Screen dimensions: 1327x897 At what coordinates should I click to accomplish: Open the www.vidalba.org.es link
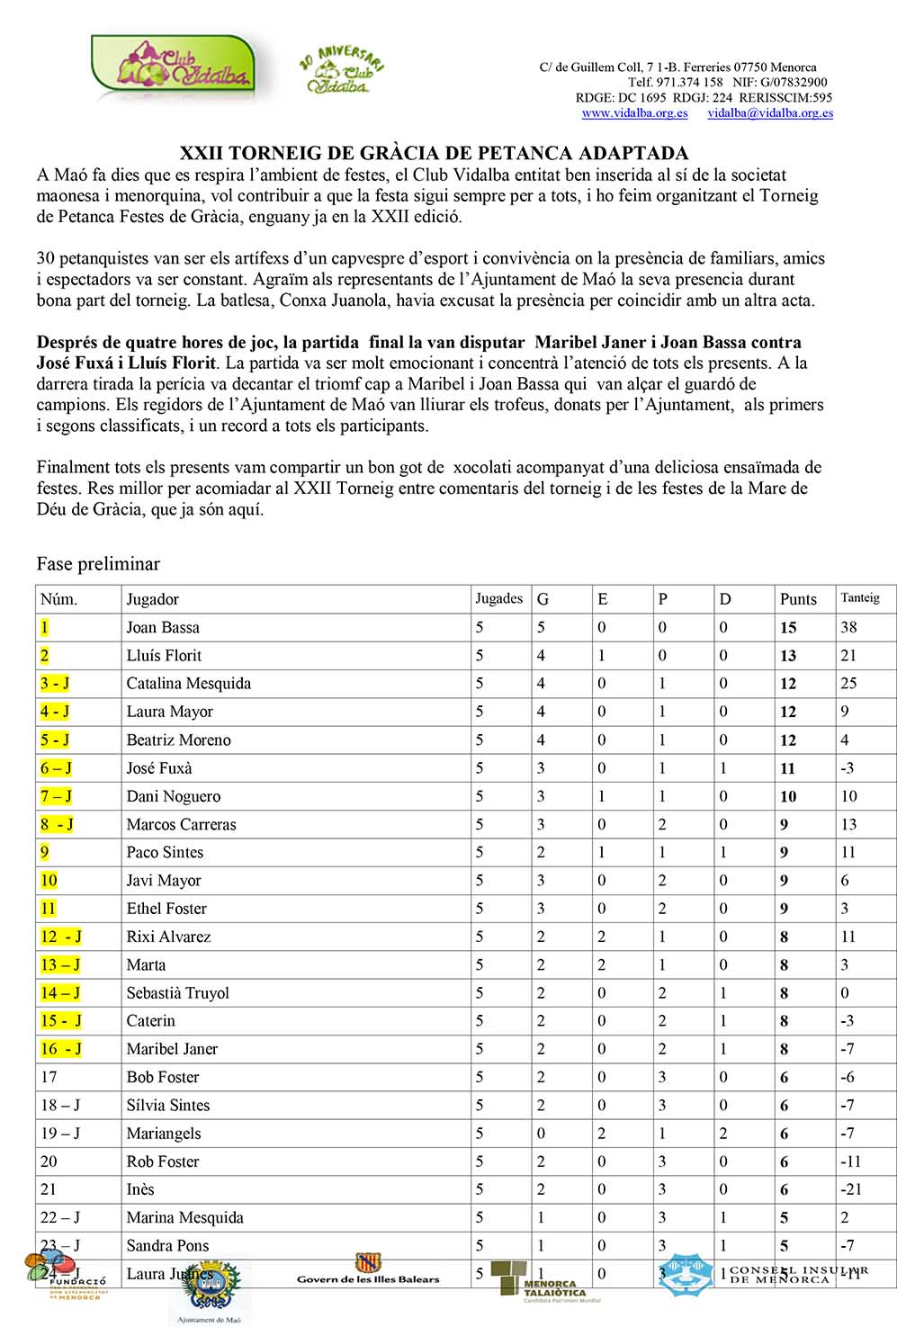[x=634, y=113]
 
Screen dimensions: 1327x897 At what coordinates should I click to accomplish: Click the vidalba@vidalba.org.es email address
[x=770, y=113]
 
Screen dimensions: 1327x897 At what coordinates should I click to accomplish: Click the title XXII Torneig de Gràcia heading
[x=434, y=153]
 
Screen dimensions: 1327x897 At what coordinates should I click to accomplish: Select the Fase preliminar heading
[x=98, y=564]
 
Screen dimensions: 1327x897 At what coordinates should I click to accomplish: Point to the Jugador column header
[x=153, y=599]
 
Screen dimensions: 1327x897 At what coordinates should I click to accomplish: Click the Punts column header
[x=798, y=599]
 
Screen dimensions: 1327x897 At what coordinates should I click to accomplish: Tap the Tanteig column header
[x=860, y=598]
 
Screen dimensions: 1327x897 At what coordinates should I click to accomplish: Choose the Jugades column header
[x=499, y=598]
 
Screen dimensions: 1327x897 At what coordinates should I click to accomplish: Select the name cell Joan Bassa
[x=163, y=627]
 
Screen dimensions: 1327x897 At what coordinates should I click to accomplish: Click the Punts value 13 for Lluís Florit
[x=788, y=656]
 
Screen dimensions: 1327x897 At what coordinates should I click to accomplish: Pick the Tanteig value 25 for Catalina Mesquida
[x=848, y=684]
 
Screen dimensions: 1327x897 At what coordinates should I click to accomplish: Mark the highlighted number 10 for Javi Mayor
[x=49, y=881]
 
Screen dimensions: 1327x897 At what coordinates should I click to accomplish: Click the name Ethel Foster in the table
[x=166, y=909]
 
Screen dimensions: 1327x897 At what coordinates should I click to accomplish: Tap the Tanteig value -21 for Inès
[x=850, y=1189]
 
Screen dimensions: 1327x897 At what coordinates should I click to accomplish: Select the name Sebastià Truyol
[x=178, y=993]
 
